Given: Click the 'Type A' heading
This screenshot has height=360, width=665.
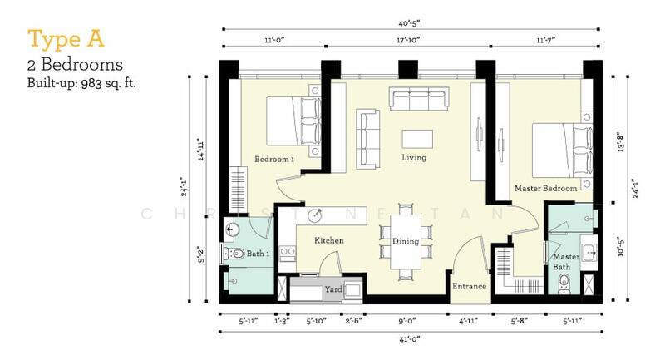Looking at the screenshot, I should [59, 39].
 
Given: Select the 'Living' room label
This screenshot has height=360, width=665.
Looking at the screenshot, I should [413, 157].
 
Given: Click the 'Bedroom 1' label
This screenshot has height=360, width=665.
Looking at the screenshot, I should [275, 159].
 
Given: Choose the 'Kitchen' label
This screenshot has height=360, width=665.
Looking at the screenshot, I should [329, 240].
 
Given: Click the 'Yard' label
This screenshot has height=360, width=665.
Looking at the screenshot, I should [333, 291].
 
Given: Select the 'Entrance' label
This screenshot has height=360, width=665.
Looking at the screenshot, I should [469, 287].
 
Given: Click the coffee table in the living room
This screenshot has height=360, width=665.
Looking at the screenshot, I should [413, 137].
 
